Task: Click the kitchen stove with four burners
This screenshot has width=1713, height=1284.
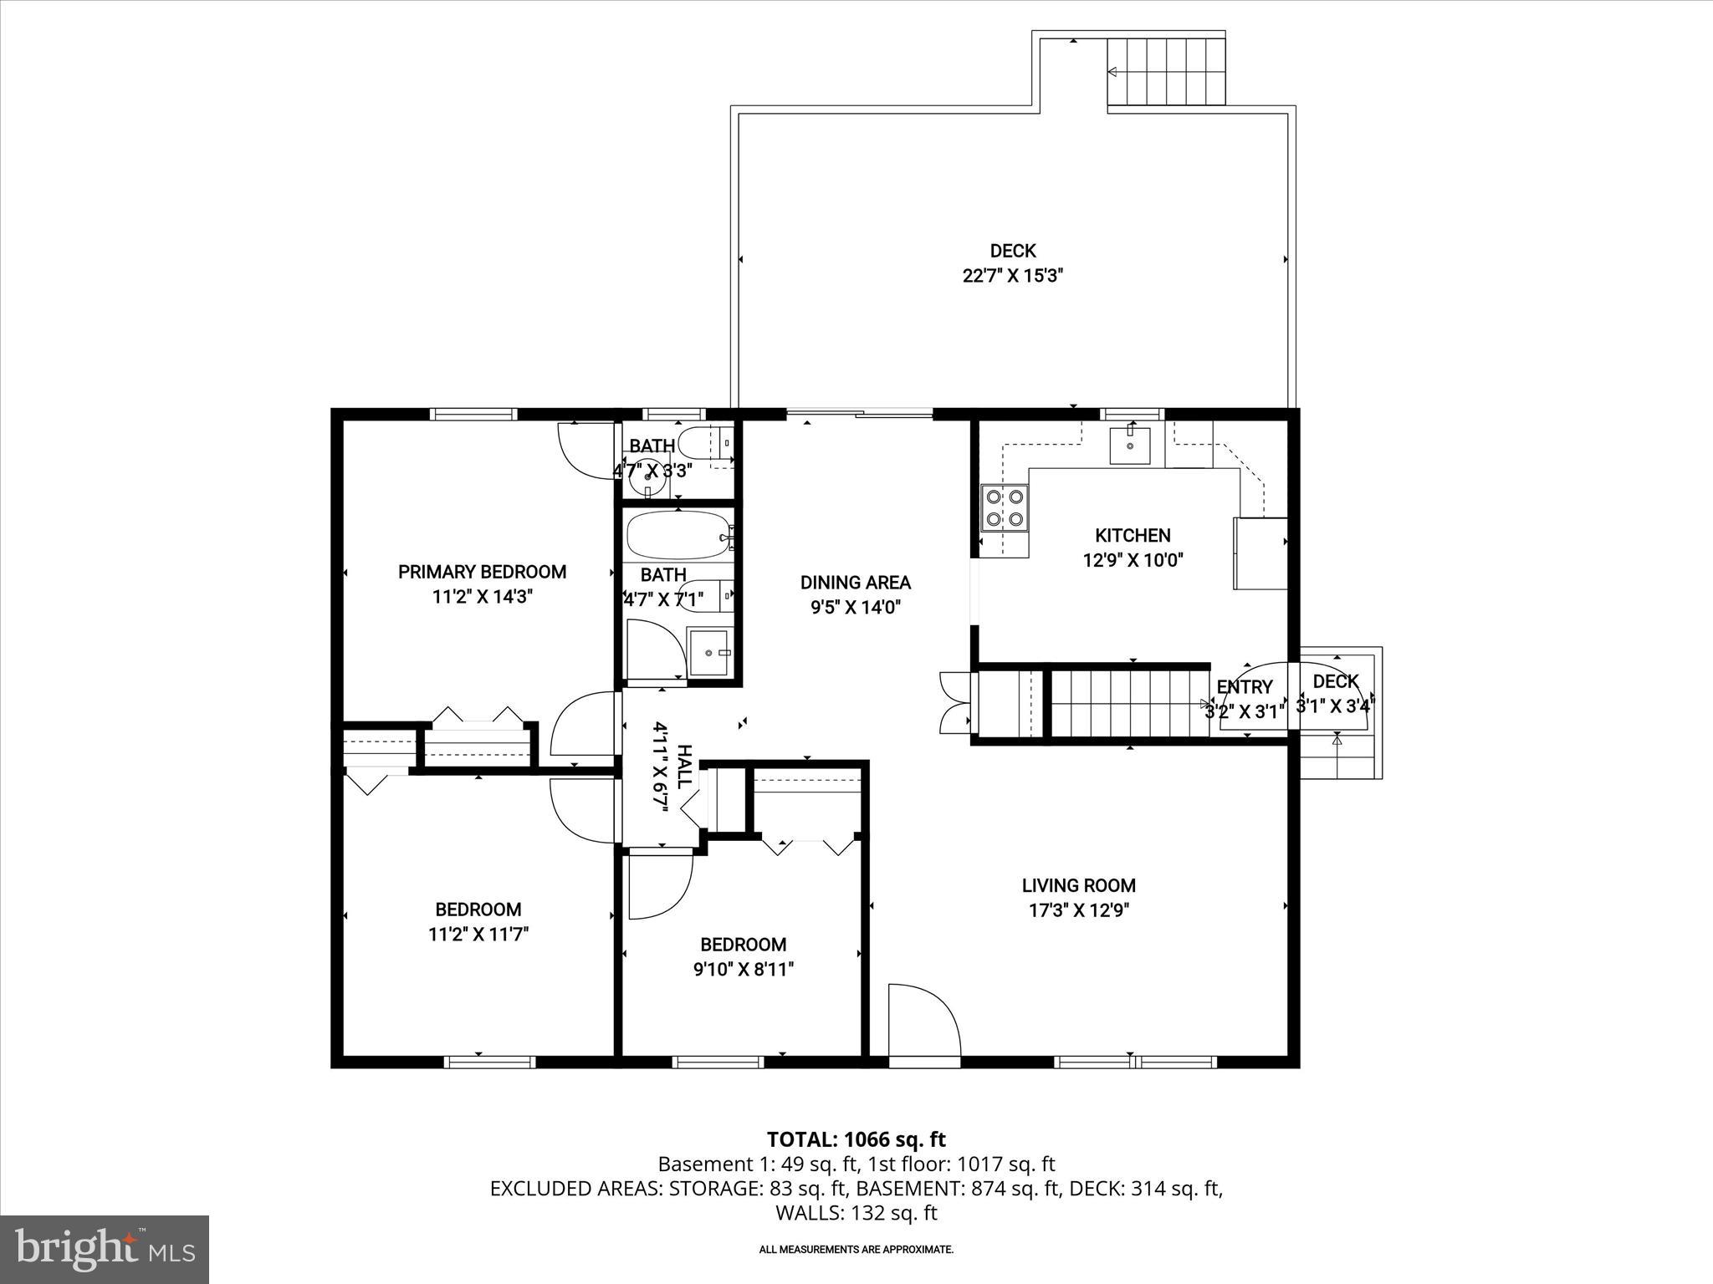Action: [1005, 507]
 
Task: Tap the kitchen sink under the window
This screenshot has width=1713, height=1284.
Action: [1130, 446]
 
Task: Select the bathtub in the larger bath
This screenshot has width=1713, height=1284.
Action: [678, 536]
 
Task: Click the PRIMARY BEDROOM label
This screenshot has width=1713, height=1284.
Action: [482, 572]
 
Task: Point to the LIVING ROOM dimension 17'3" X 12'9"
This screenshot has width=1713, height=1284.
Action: [1078, 910]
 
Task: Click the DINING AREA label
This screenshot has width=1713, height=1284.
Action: [855, 583]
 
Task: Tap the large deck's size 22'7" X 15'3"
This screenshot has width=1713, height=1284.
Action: [1012, 276]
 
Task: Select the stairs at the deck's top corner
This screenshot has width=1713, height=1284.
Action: [1166, 72]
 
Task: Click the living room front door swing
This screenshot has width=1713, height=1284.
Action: [923, 1022]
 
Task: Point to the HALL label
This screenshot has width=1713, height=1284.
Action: [683, 767]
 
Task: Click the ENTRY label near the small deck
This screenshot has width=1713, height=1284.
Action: [1245, 687]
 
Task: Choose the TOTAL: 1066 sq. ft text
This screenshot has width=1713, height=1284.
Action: [856, 1139]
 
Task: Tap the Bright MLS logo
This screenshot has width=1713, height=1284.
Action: [105, 1249]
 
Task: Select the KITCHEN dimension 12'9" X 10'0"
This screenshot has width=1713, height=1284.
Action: [1133, 560]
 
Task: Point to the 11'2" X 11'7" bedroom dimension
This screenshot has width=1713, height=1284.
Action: [478, 935]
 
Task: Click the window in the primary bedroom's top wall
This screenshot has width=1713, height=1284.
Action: [473, 414]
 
